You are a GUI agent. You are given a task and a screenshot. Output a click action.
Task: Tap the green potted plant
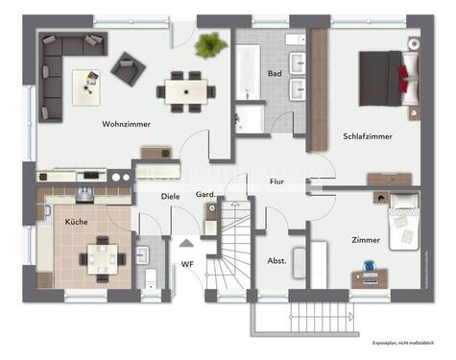(211, 44)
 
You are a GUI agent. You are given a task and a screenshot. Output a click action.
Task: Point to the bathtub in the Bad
(250, 74)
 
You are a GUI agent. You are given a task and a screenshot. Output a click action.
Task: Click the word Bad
(274, 73)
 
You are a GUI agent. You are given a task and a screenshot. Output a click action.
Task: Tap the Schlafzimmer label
(367, 136)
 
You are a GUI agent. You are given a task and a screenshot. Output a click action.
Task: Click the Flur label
(276, 180)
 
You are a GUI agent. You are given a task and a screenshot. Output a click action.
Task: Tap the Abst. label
(276, 259)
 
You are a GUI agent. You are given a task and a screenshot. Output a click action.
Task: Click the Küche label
(76, 221)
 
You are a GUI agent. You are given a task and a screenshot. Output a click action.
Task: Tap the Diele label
(170, 196)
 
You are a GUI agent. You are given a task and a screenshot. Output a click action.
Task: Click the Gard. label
(204, 196)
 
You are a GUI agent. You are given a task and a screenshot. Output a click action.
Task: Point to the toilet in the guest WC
(150, 280)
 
